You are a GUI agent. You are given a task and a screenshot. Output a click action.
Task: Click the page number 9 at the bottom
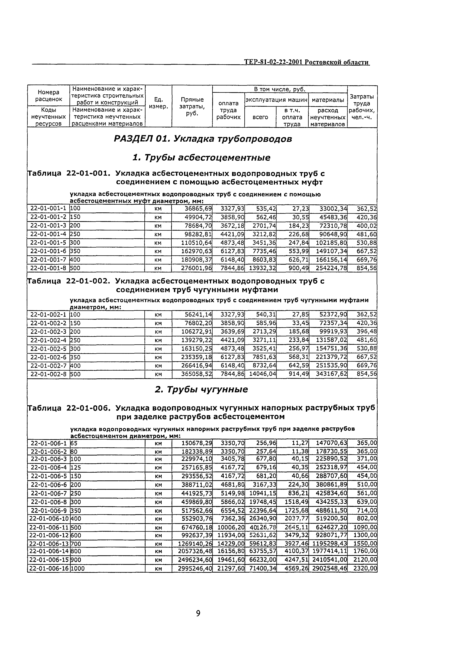point(198,613)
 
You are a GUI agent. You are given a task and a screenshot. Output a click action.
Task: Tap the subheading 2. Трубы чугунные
point(201,389)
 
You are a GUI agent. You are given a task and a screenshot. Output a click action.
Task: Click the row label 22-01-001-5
point(48,243)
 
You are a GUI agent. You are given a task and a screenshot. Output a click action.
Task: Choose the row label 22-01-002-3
point(48,332)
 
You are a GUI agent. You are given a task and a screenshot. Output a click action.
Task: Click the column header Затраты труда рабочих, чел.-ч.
point(362,106)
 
